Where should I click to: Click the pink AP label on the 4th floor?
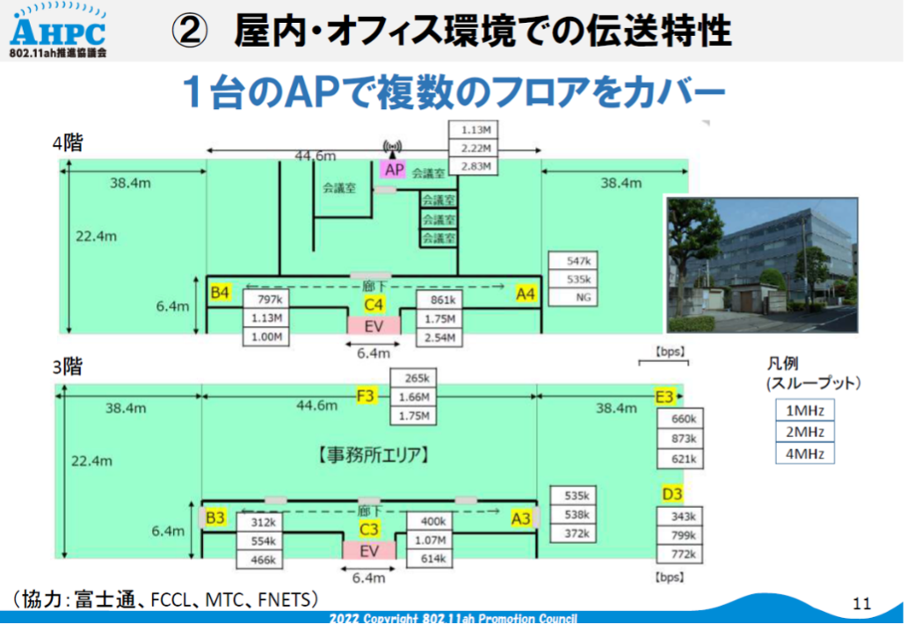pyautogui.click(x=394, y=169)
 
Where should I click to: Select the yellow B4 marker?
pyautogui.click(x=220, y=292)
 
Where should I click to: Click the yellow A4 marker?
pyautogui.click(x=526, y=294)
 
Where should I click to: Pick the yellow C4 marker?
pyautogui.click(x=374, y=305)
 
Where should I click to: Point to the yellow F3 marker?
pyautogui.click(x=366, y=396)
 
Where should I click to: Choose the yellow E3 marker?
pyautogui.click(x=664, y=396)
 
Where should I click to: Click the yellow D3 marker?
pyautogui.click(x=672, y=494)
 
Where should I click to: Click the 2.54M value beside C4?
pyautogui.click(x=439, y=338)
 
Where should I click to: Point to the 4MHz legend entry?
pyautogui.click(x=805, y=454)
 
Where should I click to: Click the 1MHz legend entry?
pyautogui.click(x=805, y=411)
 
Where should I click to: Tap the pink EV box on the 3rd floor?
pyautogui.click(x=369, y=550)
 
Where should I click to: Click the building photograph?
pyautogui.click(x=762, y=265)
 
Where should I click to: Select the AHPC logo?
pyautogui.click(x=58, y=31)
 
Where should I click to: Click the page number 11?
pyautogui.click(x=861, y=604)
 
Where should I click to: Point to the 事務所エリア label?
pyautogui.click(x=374, y=454)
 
